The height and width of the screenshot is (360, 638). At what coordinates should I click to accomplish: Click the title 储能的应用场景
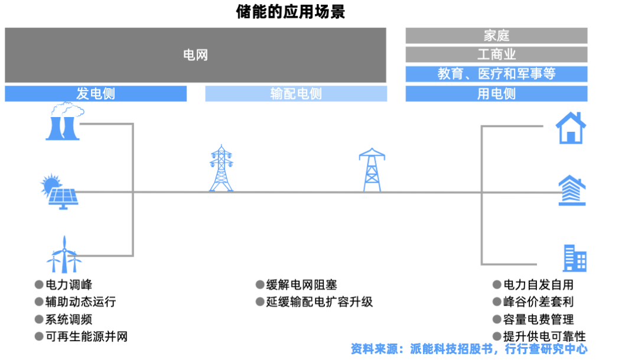291,11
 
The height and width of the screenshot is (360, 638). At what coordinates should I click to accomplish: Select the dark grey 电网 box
196,55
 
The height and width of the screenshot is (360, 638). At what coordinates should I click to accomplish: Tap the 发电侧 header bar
96,93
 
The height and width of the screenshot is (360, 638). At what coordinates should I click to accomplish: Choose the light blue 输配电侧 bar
296,93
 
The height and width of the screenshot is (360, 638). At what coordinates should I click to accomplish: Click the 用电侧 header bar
496,93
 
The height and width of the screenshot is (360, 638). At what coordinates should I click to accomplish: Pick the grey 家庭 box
496,35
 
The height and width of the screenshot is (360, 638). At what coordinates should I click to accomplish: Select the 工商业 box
496,54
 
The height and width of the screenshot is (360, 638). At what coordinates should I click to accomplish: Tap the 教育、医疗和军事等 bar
496,74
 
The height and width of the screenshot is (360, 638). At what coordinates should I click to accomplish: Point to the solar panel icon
60,192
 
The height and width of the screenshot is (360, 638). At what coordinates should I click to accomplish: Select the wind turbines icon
64,255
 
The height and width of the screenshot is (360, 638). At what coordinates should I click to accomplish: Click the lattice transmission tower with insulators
222,168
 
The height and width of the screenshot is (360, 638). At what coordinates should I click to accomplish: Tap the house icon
571,128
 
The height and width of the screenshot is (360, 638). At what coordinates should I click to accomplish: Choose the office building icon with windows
575,258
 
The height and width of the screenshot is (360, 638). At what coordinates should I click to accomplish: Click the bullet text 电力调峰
64,285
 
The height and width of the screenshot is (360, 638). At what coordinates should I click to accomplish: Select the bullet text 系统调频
64,319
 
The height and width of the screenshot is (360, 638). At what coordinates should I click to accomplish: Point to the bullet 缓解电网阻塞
297,285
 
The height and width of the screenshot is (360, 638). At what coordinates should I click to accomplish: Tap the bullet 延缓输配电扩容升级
314,301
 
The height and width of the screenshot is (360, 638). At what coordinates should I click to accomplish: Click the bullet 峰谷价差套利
533,301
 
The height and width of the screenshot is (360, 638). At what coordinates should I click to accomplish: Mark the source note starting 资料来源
469,349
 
